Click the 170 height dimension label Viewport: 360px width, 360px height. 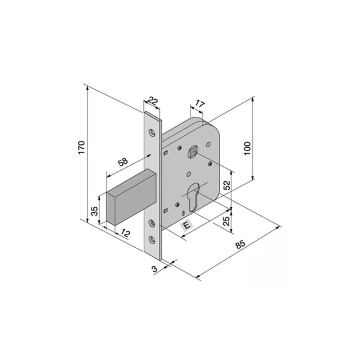[82, 148]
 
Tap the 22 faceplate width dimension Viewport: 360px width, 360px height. [153, 101]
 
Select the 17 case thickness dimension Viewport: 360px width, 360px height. [199, 104]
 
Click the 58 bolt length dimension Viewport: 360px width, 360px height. [123, 162]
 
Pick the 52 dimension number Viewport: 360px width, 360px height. [226, 185]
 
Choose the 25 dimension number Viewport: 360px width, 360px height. [226, 221]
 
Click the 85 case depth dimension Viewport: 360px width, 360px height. [241, 245]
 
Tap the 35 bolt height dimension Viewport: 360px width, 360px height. [95, 211]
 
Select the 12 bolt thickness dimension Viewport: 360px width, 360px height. [125, 233]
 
